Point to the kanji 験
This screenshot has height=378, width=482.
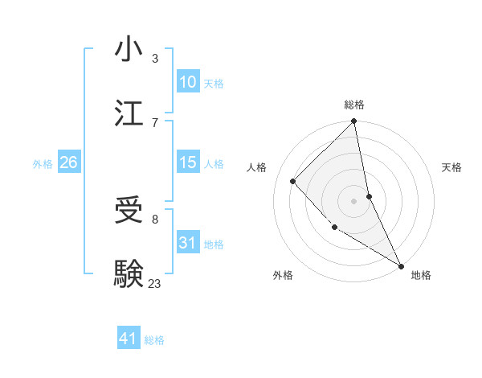pyautogui.click(x=129, y=273)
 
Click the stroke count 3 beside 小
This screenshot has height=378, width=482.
pyautogui.click(x=155, y=58)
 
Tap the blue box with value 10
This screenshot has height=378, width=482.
pyautogui.click(x=187, y=82)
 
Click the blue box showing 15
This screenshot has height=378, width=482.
pyautogui.click(x=187, y=162)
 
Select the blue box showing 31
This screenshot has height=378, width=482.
pyautogui.click(x=187, y=242)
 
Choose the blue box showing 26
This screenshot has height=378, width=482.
pyautogui.click(x=68, y=162)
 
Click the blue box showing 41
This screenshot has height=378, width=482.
pyautogui.click(x=129, y=339)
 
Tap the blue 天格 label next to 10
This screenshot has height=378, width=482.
pyautogui.click(x=213, y=84)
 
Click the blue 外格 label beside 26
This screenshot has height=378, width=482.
pyautogui.click(x=43, y=164)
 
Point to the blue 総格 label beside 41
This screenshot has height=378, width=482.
pyautogui.click(x=154, y=340)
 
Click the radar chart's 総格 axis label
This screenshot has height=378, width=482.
pyautogui.click(x=354, y=105)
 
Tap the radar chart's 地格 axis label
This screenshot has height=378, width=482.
pyautogui.click(x=421, y=275)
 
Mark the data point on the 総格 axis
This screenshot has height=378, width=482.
pyautogui.click(x=354, y=122)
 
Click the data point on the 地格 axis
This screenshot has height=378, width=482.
pyautogui.click(x=400, y=265)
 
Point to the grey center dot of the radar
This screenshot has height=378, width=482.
pyautogui.click(x=354, y=200)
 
